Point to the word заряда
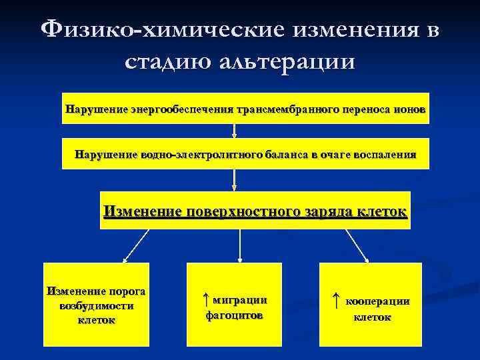point(326,211)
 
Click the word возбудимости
point(96,305)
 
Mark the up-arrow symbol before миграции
point(206,299)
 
